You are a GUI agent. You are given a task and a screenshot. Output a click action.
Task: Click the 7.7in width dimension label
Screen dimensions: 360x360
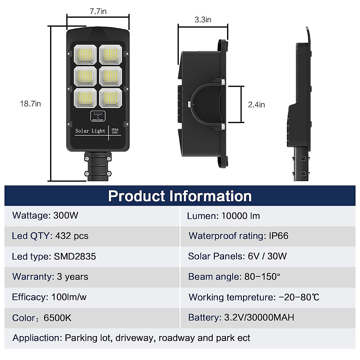coord(98,11)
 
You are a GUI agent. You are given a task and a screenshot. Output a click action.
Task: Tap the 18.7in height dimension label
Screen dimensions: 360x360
coord(30,104)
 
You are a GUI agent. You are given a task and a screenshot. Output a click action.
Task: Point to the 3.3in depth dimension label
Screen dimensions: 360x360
coord(203,20)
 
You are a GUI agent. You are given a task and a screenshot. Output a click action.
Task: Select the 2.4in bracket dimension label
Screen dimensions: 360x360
coord(256,105)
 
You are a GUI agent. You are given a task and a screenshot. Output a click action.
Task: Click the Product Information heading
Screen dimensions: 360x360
coord(180,196)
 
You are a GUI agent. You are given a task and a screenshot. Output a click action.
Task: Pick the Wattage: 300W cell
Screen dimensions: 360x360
coord(45,215)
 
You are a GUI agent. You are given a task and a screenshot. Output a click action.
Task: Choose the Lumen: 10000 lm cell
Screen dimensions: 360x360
coord(223,216)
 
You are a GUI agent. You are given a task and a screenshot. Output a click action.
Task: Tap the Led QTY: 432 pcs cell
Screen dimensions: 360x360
coord(50,236)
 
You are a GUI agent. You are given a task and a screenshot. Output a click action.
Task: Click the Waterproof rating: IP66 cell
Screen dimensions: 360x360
coord(238,236)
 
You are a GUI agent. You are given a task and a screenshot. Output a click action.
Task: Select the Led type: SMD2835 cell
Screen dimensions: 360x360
coord(54,256)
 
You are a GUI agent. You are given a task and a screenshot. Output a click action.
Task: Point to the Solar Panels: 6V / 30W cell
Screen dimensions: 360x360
coord(237,256)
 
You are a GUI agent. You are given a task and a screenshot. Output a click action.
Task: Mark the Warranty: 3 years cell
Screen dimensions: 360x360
coord(50,277)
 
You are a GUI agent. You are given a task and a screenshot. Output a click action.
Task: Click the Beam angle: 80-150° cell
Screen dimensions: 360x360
coord(234,277)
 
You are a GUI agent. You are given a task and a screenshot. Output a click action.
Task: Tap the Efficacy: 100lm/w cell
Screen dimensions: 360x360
coord(49,297)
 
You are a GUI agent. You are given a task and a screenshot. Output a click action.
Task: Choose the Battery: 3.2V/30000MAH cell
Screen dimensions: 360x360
coord(241,317)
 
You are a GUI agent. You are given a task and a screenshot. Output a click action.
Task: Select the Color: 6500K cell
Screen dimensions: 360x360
coord(42,318)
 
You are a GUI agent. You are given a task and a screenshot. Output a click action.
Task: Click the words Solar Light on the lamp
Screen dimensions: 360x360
coord(90,131)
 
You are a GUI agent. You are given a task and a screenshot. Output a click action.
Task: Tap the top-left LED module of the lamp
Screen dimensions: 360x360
coord(85,55)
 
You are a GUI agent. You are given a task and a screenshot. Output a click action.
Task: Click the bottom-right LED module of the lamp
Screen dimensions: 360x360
coord(110,97)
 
